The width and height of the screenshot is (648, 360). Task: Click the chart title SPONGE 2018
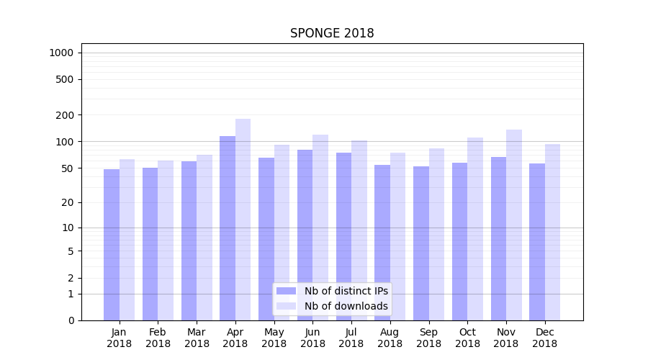332,33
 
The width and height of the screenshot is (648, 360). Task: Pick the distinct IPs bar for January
112,245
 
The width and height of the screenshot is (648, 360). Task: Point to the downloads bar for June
320,228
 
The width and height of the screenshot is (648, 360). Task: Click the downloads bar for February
166,240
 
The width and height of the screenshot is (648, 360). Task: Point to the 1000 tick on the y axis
61,53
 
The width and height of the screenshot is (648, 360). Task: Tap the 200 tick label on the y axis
66,115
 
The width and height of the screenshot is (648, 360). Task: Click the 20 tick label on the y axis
68,202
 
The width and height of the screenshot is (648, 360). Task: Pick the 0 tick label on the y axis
71,320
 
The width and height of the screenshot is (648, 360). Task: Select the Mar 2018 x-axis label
197,338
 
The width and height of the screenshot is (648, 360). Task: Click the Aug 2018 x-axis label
390,338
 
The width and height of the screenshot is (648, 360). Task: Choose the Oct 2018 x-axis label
467,338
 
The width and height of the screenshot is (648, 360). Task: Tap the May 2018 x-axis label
274,338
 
